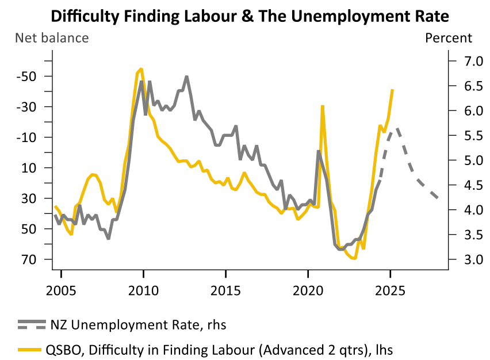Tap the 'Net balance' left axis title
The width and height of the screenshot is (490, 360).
point(52,39)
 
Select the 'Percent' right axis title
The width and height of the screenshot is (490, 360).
point(448,39)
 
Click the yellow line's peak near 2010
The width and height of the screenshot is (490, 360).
point(141,69)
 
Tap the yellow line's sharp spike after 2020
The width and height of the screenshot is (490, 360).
point(323,106)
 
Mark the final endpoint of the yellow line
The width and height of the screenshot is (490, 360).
point(392,90)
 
